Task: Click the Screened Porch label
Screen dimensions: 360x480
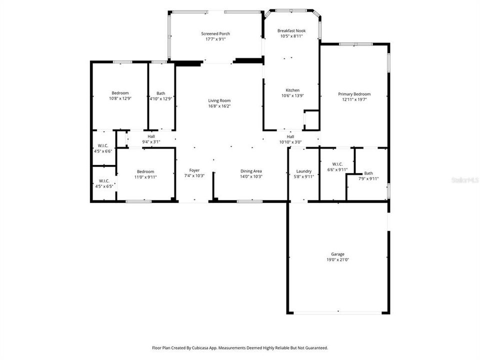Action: [215, 33]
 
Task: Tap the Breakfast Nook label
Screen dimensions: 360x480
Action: [291, 30]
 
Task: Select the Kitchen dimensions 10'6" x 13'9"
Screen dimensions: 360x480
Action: [292, 95]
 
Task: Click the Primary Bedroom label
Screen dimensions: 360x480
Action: [354, 94]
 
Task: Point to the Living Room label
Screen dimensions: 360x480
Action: [219, 100]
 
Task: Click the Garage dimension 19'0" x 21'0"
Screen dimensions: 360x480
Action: [337, 259]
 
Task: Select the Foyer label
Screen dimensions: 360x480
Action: [194, 170]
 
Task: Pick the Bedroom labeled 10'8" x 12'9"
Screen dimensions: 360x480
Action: [120, 93]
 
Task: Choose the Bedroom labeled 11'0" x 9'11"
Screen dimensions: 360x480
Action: [145, 171]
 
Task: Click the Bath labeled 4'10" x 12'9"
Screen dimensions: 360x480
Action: [160, 93]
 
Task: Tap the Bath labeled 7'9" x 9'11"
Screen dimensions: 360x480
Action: [368, 173]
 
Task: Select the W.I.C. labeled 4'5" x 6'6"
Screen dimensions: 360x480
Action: [104, 145]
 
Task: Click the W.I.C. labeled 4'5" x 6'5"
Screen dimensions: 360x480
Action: [104, 180]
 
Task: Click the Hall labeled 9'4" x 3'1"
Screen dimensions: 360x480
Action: [151, 136]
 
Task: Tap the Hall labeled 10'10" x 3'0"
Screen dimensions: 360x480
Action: [290, 136]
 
